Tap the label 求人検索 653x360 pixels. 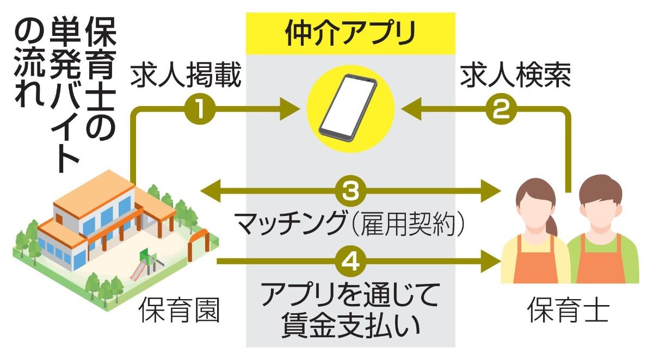click(515, 78)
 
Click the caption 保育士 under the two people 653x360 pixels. click(568, 312)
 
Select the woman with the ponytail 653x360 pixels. click(535, 234)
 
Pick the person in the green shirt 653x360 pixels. click(604, 234)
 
